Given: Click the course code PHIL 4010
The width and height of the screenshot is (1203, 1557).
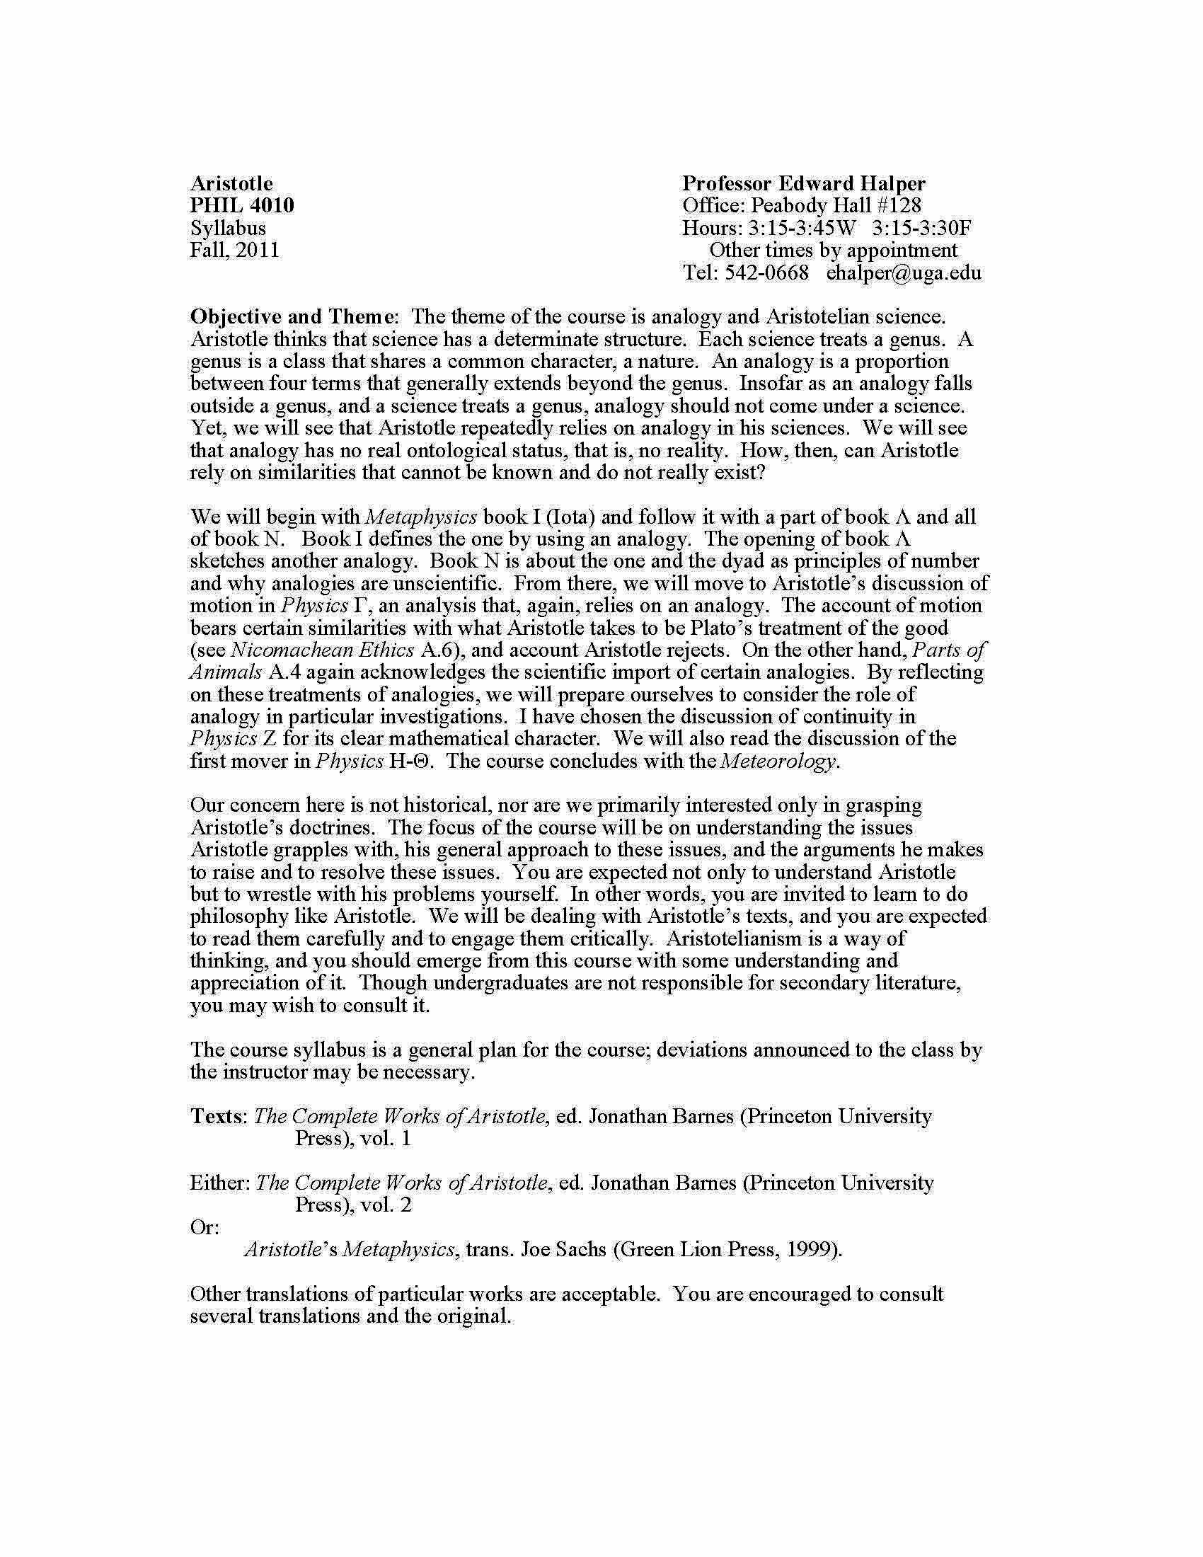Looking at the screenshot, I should [241, 206].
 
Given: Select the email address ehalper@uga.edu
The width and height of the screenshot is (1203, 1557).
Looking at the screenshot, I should [904, 272].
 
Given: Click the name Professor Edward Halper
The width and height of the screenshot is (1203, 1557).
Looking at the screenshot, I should [804, 184].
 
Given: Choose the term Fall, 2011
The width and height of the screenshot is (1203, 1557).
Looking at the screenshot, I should [234, 251].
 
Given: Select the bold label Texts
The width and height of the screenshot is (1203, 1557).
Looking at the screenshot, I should [217, 1116].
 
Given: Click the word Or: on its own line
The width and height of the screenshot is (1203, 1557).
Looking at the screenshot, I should [205, 1228].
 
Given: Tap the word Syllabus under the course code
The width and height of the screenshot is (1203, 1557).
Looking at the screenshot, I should [228, 228].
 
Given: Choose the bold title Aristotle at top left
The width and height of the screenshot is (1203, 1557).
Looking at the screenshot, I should [231, 184].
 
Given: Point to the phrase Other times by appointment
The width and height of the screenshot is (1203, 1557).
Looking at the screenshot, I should [833, 251].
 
